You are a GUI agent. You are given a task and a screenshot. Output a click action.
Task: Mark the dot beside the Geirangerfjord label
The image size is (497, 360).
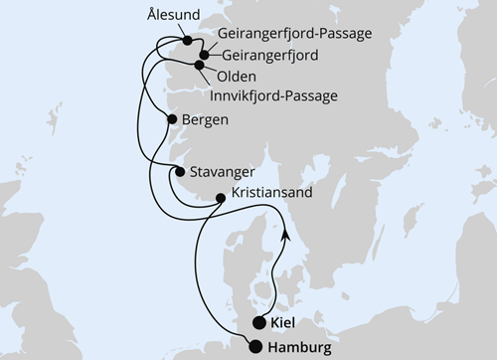pos(205,57)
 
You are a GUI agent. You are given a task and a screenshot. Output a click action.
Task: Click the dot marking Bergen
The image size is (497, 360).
pos(173,120)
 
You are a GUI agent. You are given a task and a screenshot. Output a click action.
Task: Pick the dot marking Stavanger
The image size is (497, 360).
pos(179,172)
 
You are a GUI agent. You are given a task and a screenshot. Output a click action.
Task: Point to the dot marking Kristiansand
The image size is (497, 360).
pos(221,197)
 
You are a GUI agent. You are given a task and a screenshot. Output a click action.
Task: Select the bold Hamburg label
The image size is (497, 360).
pos(303,347)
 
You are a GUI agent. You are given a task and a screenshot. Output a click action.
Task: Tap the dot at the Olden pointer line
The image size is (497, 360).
pos(200,66)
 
